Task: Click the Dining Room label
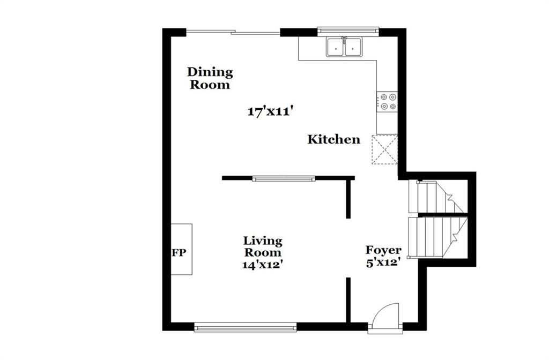coord(210,78)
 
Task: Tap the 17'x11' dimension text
coord(270,112)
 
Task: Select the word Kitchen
coord(333,139)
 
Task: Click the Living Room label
coord(263,246)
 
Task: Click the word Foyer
coord(383,251)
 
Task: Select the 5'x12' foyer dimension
coord(383,262)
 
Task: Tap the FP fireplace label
coord(179,253)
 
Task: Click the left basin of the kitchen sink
coord(336,47)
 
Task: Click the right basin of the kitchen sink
coord(353,47)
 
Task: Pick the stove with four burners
coord(387,101)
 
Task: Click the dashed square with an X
coord(385,150)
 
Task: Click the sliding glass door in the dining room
coord(233,33)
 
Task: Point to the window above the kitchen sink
coord(348,31)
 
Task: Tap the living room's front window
coord(246,328)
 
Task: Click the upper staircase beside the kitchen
coord(437,197)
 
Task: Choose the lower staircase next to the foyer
coord(437,237)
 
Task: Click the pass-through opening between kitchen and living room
coord(284,179)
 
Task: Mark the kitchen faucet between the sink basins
coord(345,40)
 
